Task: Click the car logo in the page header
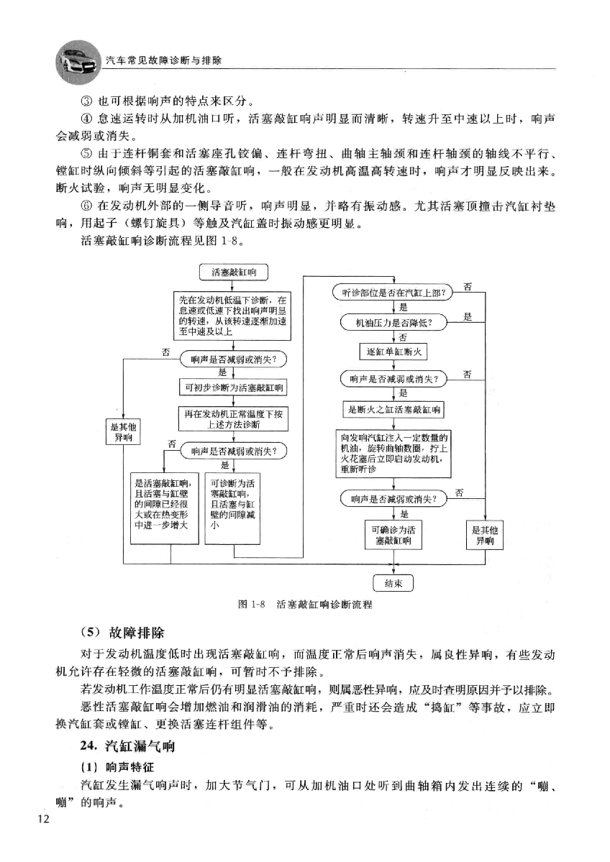click(78, 63)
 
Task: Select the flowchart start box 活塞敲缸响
click(234, 272)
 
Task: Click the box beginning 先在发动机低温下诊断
click(232, 316)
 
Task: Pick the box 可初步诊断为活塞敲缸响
click(234, 388)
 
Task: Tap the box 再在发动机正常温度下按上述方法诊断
click(234, 419)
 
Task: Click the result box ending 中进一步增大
click(164, 508)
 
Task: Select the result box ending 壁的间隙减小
click(233, 508)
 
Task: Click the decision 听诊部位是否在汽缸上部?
click(393, 293)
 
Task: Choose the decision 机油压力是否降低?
click(393, 323)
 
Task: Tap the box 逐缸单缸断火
click(393, 352)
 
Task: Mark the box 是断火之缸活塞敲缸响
click(393, 410)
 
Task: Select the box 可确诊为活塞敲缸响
click(393, 535)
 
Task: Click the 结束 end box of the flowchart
click(393, 583)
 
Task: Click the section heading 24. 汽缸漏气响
click(127, 746)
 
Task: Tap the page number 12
click(43, 820)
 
